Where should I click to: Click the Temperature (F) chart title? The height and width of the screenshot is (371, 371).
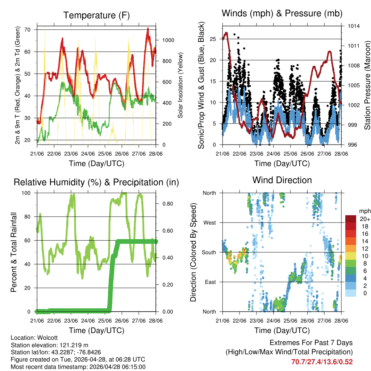tap(96, 15)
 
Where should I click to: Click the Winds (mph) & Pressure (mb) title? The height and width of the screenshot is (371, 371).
tap(282, 13)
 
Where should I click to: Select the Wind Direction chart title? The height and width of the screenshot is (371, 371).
tap(282, 180)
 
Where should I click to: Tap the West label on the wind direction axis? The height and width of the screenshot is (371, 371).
tap(209, 222)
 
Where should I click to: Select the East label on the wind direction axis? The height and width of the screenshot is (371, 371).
tap(210, 282)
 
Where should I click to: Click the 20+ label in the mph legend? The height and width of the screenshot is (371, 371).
tap(364, 219)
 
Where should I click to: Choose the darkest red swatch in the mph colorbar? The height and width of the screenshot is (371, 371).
tap(351, 219)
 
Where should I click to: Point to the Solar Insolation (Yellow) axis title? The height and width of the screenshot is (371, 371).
tap(180, 86)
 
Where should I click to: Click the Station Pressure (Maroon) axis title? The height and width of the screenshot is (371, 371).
tap(367, 86)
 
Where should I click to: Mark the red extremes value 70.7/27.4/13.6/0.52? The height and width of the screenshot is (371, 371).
tap(322, 362)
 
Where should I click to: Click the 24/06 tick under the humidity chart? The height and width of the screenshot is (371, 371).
tap(88, 320)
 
